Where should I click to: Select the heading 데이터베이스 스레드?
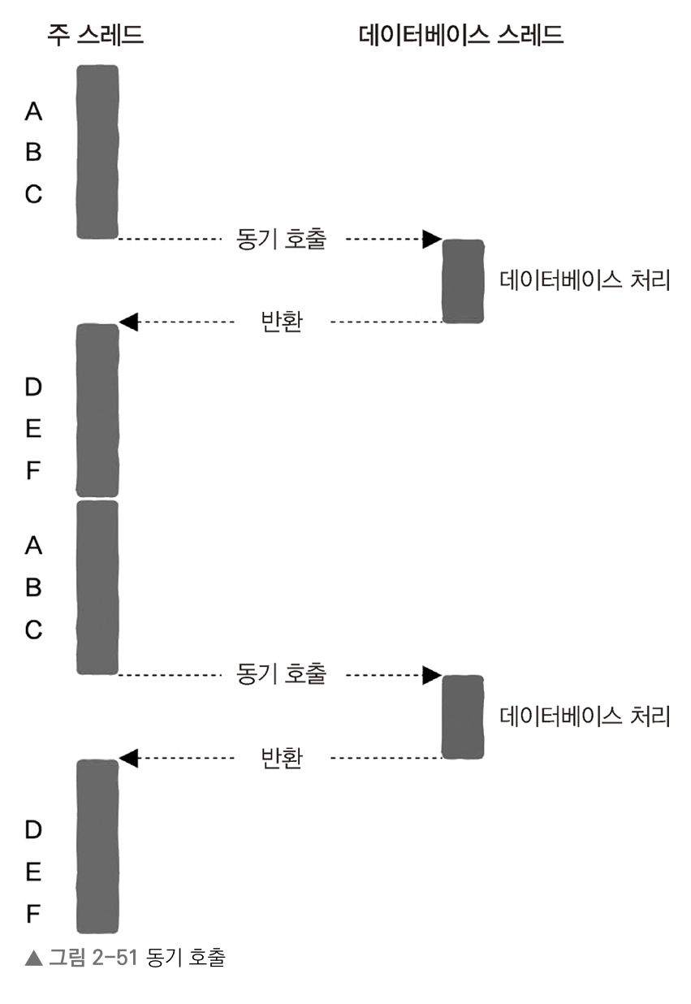460,35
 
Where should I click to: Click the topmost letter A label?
33,110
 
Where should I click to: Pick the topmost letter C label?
33,195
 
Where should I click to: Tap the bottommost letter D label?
33,830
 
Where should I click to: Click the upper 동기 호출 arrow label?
281,240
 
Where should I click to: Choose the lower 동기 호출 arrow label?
281,674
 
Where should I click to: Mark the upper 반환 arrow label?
281,322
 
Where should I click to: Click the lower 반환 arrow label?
281,759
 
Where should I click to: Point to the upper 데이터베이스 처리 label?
585,281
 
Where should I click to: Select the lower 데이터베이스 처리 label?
585,716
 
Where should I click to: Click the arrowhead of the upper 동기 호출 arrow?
431,239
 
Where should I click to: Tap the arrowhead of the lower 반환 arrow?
128,758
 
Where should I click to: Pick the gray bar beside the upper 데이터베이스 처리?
463,281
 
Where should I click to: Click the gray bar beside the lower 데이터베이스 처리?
463,716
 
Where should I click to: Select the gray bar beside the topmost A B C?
97,152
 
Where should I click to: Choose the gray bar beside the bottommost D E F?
97,846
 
